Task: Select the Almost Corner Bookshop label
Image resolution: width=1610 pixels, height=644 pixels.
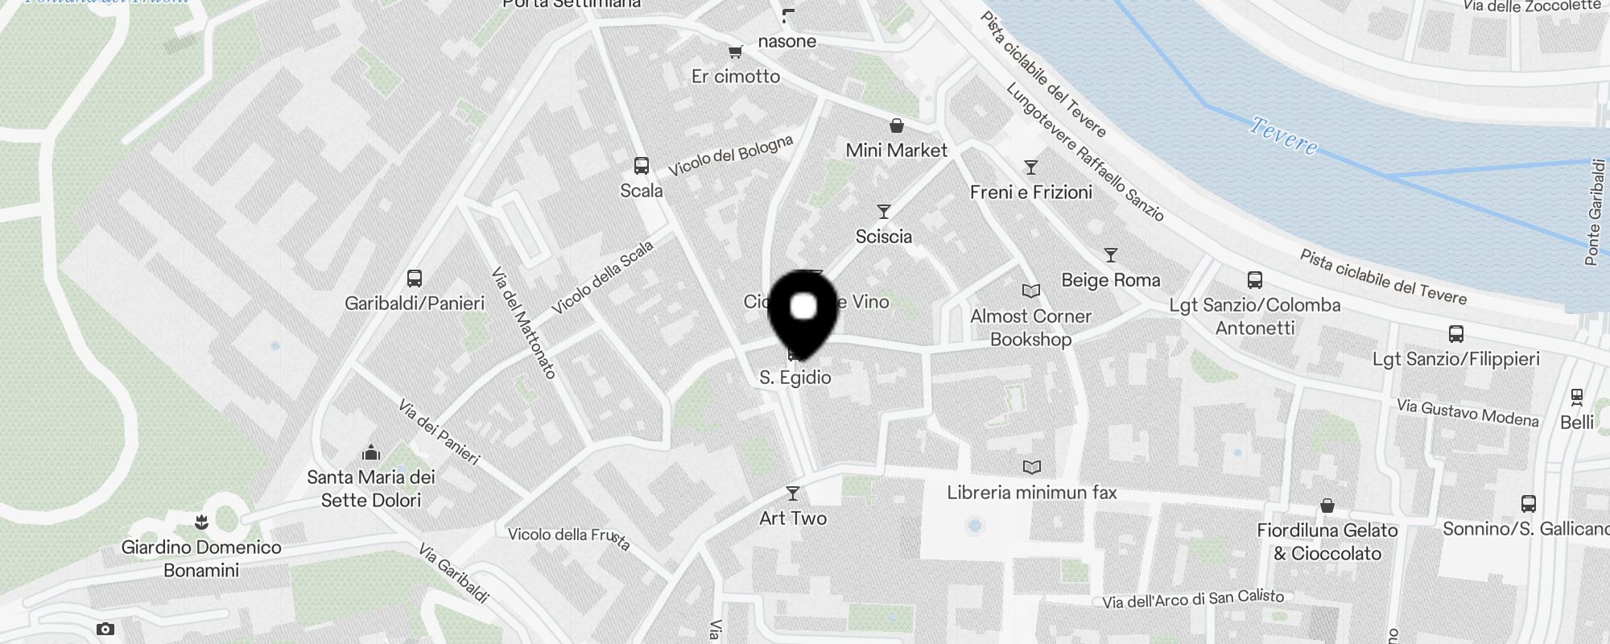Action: (x=1030, y=328)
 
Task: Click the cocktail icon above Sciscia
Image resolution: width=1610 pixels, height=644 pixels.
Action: (x=884, y=212)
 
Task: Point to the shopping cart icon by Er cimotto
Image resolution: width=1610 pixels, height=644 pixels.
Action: (x=735, y=52)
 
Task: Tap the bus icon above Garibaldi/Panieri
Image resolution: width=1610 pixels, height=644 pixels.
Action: (x=415, y=279)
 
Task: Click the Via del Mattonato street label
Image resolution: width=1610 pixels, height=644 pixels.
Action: (x=523, y=322)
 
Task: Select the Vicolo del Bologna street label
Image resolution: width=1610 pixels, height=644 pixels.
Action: (x=730, y=155)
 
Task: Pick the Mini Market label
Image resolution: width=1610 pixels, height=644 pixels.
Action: (x=896, y=151)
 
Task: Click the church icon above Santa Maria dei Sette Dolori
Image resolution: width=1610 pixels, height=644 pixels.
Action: (x=371, y=452)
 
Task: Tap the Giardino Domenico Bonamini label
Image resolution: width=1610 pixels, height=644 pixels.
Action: (x=201, y=559)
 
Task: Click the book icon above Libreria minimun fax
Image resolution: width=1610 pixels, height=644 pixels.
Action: (x=1031, y=467)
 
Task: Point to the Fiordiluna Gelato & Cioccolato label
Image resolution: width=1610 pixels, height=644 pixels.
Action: (x=1327, y=542)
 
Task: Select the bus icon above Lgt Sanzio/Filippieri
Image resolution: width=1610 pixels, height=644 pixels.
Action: (x=1455, y=334)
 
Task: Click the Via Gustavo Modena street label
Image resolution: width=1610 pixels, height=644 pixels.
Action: (x=1467, y=413)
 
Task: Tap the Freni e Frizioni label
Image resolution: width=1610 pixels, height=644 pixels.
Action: (x=1030, y=192)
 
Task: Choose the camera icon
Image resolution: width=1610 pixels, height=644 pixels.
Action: (x=105, y=629)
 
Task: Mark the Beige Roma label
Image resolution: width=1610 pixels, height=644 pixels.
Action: (x=1110, y=280)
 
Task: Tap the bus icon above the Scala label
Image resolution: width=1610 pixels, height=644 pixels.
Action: (x=642, y=166)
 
